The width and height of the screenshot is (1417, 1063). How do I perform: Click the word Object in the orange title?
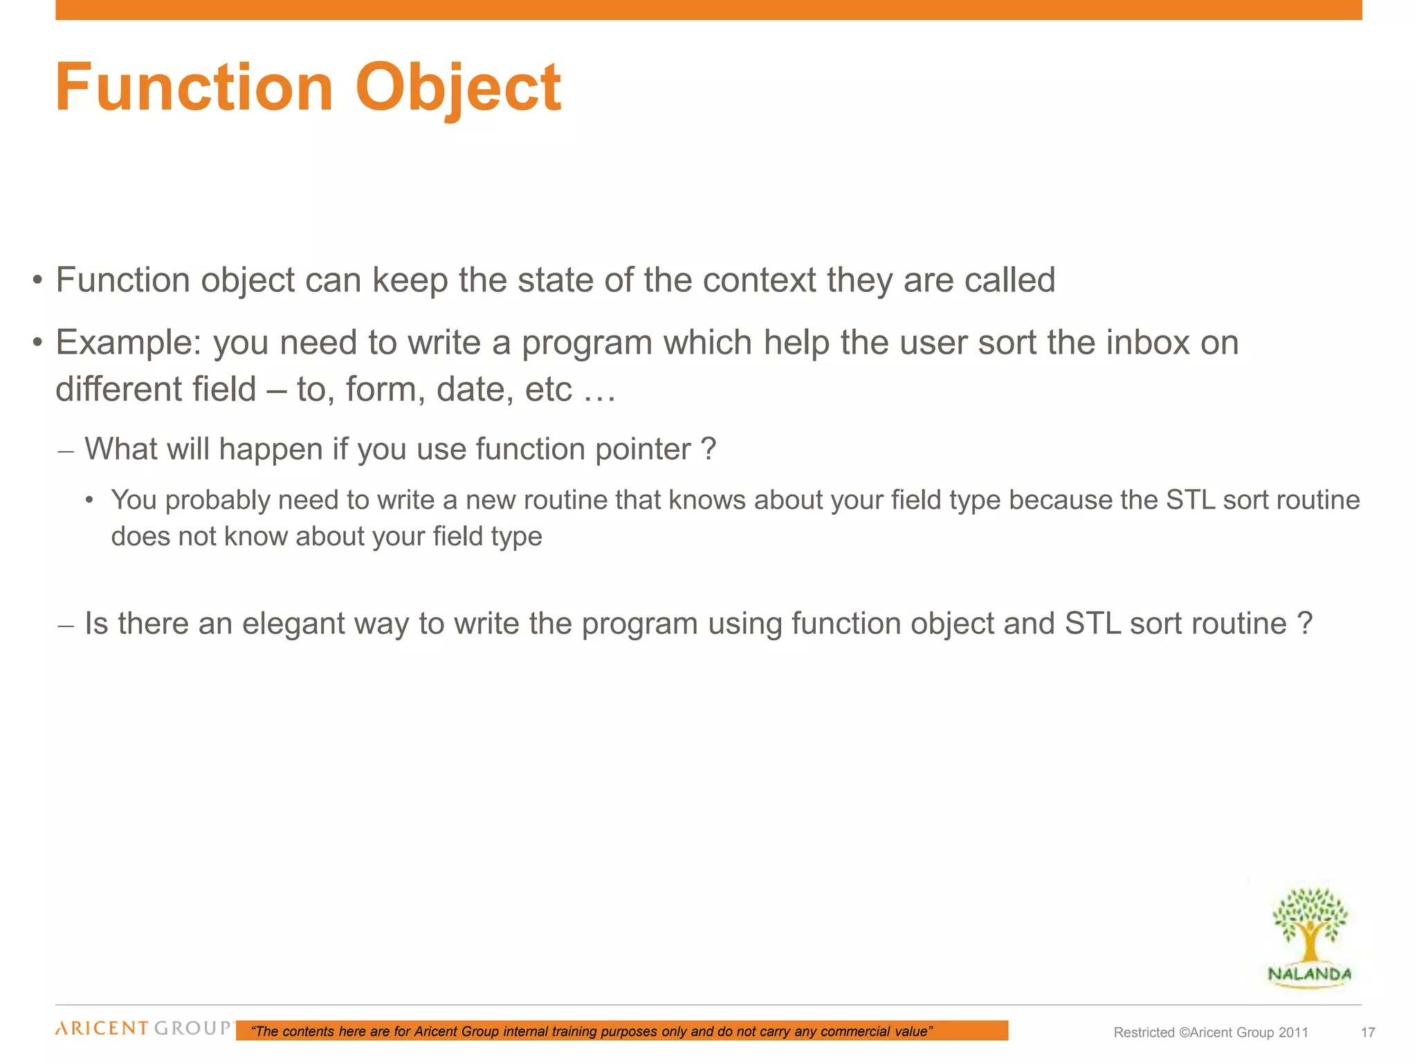pos(457,88)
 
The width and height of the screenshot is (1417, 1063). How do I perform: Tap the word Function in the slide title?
pos(194,88)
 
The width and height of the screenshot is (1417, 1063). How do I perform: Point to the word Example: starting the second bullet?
pos(129,343)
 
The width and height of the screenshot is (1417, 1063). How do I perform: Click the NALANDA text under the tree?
pos(1309,974)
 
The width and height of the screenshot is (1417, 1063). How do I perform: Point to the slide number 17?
pos(1368,1033)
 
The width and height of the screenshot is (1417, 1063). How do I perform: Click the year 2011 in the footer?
pos(1293,1033)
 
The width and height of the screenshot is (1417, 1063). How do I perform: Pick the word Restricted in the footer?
pos(1144,1033)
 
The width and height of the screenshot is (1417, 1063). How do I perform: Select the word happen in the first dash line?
pos(272,449)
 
